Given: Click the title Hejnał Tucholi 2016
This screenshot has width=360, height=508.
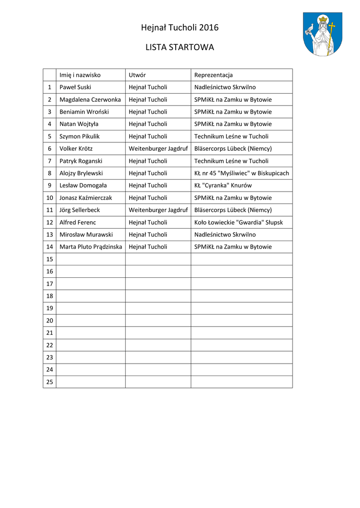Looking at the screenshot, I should click(180, 28).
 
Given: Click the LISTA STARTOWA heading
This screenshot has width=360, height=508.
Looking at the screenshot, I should click(180, 48).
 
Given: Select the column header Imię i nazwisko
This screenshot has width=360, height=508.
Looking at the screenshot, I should click(80, 75).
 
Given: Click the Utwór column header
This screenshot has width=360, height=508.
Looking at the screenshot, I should click(137, 75).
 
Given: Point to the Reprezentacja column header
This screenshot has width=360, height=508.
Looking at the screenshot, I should click(214, 75).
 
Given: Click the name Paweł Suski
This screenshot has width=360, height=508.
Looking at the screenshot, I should click(75, 87).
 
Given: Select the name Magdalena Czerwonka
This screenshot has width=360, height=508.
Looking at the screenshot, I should click(90, 100).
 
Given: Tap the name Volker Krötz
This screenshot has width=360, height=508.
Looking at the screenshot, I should click(76, 148).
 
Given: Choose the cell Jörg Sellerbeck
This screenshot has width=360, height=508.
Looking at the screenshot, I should click(79, 210).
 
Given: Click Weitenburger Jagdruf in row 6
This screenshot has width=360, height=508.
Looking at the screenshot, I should click(158, 148).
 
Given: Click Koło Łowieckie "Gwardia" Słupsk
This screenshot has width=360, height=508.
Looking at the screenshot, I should click(238, 222).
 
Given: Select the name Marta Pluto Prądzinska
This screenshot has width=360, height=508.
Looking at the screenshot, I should click(90, 247).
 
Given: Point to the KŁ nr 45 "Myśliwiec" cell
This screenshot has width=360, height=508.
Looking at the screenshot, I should click(241, 173).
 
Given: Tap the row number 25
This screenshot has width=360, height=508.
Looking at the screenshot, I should click(50, 381).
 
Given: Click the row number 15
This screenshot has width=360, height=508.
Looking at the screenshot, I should click(50, 259).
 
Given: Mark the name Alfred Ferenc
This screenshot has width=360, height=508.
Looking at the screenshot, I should click(78, 222).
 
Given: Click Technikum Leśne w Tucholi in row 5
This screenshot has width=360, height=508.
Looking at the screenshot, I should click(231, 136).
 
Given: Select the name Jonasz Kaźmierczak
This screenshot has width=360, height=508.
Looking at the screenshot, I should click(86, 197).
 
